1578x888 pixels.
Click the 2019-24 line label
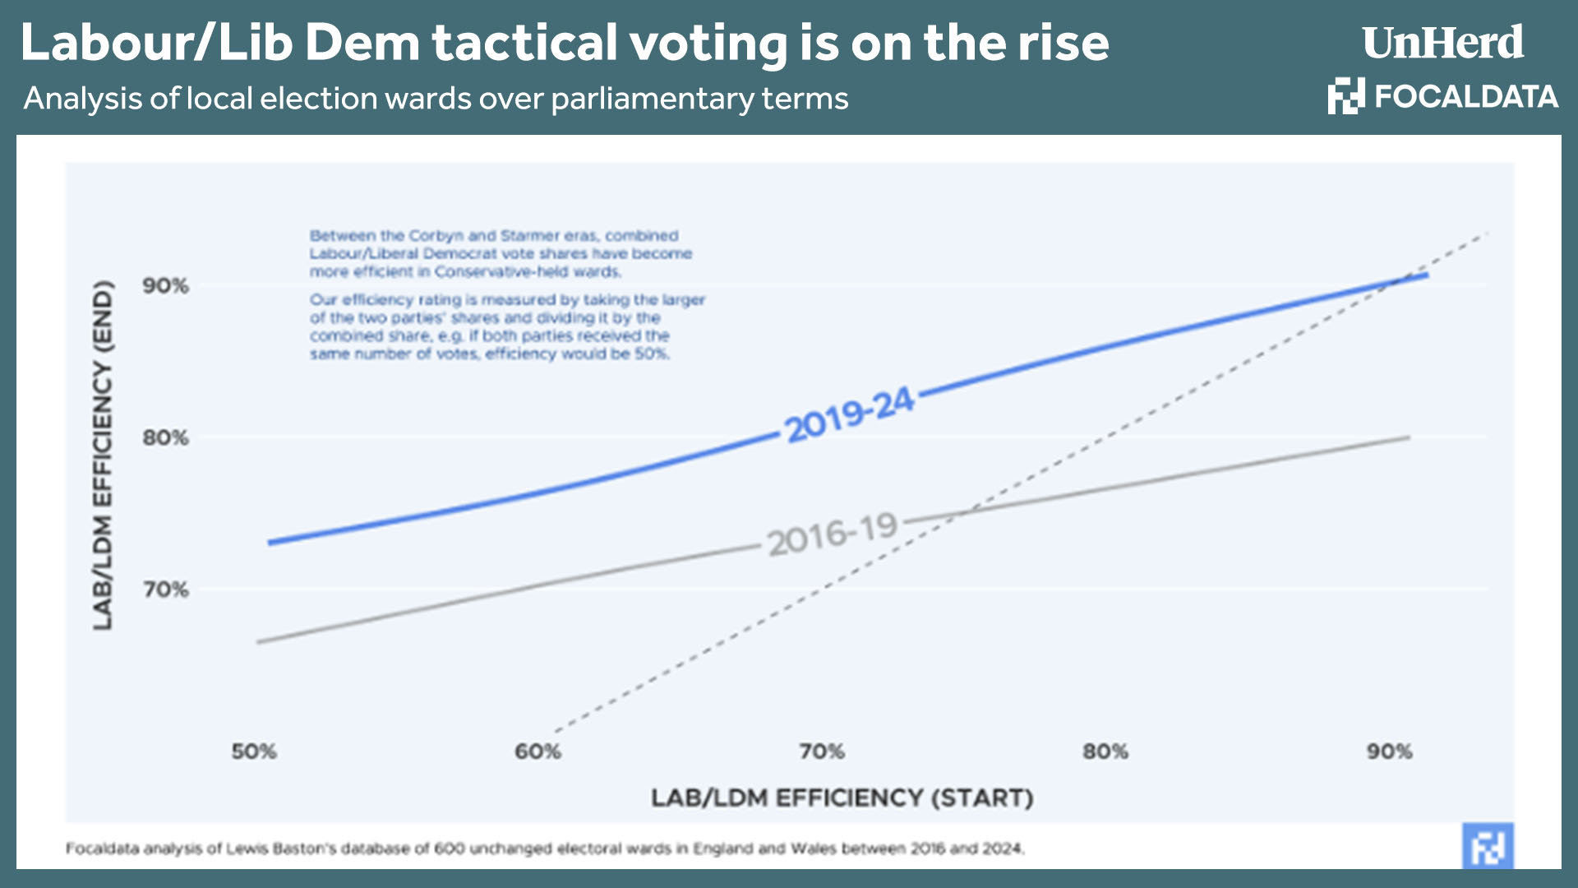coord(848,414)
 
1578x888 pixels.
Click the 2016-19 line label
coord(832,535)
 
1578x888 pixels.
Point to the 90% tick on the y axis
coord(165,286)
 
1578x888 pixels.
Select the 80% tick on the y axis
coord(165,437)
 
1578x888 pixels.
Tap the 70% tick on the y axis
coord(165,590)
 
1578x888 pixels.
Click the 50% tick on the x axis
coord(254,752)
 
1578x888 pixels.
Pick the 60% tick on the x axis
coord(538,752)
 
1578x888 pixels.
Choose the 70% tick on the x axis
coord(822,752)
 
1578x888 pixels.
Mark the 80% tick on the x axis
coord(1105,752)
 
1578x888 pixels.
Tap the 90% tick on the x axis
coord(1389,752)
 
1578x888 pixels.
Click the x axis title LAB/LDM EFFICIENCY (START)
coord(842,798)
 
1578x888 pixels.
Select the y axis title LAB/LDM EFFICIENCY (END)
coord(102,456)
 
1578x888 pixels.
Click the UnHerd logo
coord(1442,43)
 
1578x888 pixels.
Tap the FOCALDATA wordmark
coord(1465,97)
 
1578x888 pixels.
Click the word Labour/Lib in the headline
coord(156,43)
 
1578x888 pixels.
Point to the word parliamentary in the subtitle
coord(652,99)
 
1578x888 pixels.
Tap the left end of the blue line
coord(270,543)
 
